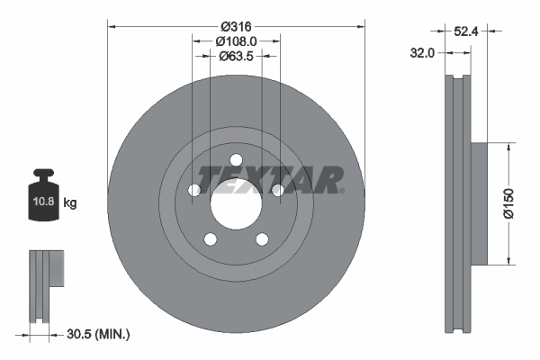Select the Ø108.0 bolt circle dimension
pyautogui.click(x=237, y=40)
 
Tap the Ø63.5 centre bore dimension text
pyautogui.click(x=237, y=56)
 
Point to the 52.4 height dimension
pyautogui.click(x=464, y=31)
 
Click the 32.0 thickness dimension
pyautogui.click(x=422, y=53)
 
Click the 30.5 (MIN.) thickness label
pyautogui.click(x=99, y=335)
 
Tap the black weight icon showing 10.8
pyautogui.click(x=44, y=192)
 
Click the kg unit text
pyautogui.click(x=70, y=203)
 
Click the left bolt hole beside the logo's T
pyautogui.click(x=194, y=191)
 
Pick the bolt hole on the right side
pyautogui.click(x=277, y=191)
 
